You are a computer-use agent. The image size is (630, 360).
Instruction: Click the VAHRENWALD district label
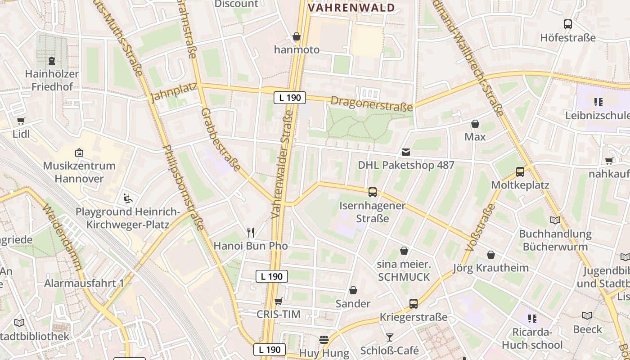click(351, 8)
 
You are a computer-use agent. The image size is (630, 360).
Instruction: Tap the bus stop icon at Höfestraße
click(568, 24)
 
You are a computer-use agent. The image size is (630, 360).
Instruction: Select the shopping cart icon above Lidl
click(21, 121)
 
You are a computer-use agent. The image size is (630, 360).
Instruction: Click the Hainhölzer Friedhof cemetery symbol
click(52, 60)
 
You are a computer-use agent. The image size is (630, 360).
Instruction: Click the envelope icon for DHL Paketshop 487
click(406, 152)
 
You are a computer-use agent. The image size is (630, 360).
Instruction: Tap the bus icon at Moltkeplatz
click(520, 171)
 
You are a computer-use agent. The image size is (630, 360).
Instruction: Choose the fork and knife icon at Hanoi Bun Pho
click(251, 233)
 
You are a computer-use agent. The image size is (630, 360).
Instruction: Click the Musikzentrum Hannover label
click(79, 172)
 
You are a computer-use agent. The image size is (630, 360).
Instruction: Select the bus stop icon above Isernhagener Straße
click(372, 192)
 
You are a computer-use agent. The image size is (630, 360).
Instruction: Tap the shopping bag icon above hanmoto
click(297, 36)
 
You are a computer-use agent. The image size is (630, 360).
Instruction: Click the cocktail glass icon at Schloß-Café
click(389, 337)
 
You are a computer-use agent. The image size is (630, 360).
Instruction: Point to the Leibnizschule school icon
click(598, 102)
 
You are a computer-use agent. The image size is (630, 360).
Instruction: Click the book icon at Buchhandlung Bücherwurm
click(555, 220)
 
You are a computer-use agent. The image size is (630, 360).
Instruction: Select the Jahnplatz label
click(174, 92)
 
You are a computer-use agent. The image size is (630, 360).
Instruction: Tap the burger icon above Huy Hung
click(324, 340)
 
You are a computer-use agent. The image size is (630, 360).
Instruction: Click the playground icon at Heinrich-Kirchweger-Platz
click(127, 198)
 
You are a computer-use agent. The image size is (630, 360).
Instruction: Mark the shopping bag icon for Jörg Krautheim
click(491, 255)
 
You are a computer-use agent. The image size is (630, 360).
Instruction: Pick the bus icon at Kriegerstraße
click(414, 304)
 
